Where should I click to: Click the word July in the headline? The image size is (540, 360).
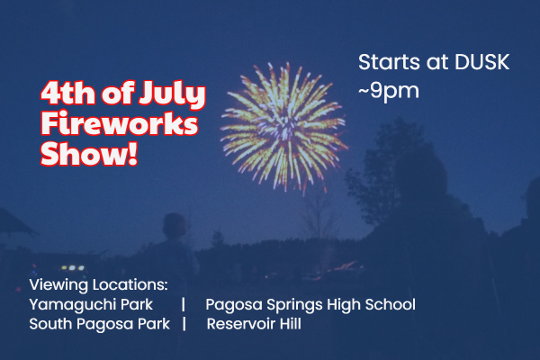click(172, 93)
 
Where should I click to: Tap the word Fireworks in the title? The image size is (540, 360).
click(120, 123)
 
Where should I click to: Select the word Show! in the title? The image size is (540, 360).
click(89, 154)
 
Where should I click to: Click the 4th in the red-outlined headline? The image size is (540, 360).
click(67, 93)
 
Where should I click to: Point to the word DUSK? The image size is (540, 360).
click(481, 62)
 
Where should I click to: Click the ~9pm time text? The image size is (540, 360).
click(389, 91)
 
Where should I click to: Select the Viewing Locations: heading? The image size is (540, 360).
click(98, 285)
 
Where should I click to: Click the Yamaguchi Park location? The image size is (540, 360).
click(91, 305)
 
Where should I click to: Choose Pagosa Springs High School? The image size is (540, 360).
click(310, 305)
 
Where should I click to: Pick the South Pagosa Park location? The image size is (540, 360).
click(100, 324)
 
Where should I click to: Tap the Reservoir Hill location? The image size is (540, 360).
click(254, 324)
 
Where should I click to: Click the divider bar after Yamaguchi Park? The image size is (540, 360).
click(184, 304)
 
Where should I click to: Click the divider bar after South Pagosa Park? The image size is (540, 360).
click(184, 324)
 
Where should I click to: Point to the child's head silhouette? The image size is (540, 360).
click(175, 226)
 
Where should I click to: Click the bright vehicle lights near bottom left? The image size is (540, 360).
click(72, 267)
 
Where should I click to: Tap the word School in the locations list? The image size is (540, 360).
click(391, 304)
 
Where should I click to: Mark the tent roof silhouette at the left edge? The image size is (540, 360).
click(15, 223)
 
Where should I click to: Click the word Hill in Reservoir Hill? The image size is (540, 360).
click(291, 323)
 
